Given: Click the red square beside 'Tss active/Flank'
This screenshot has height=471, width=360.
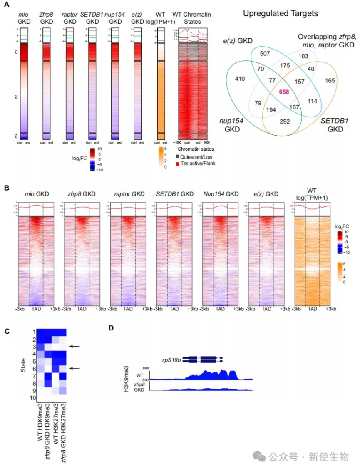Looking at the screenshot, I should [179, 164].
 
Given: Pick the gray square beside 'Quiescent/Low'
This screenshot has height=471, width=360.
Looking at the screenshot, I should [179, 157].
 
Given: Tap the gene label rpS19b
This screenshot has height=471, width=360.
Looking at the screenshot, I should [171, 360].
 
